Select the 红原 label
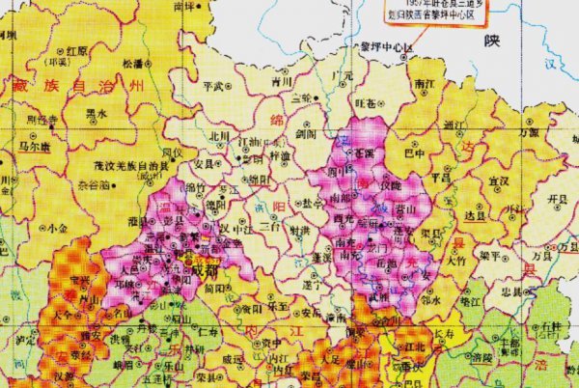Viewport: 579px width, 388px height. click(76, 50)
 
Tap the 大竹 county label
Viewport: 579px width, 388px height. click(456, 260)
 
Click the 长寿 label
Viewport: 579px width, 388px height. click(443, 333)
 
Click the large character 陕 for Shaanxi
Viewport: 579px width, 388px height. click(494, 41)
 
